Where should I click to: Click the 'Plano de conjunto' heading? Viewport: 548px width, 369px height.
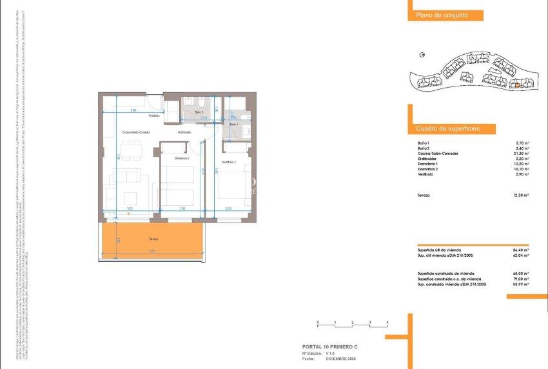point(437,15)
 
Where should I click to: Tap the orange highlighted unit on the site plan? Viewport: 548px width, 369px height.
point(516,85)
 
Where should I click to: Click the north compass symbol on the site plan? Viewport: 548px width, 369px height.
point(422,55)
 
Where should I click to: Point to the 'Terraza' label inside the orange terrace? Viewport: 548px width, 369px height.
point(152,239)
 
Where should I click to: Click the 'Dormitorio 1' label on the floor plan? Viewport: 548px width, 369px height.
point(228,161)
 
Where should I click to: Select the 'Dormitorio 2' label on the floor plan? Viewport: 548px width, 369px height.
point(182,157)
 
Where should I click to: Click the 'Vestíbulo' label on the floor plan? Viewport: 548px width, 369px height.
point(153,116)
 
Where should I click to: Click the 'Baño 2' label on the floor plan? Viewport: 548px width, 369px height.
point(199,112)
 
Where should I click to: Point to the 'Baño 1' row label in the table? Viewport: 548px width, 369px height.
point(424,143)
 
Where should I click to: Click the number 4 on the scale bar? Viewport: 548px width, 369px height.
point(387,321)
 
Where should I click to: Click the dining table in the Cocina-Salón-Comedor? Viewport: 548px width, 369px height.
point(133,152)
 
